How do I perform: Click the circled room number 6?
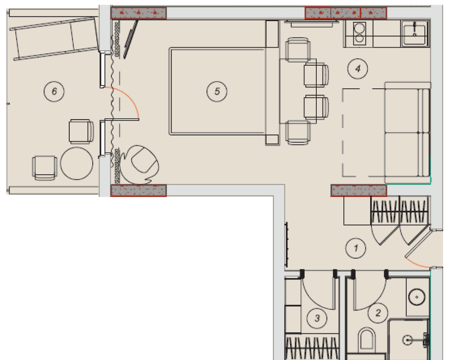coord(54,91)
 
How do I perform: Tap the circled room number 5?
coord(217,91)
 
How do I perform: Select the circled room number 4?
coord(358,69)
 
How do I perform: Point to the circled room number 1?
coord(356,248)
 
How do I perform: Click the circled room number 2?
coord(378,312)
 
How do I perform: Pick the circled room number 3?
coord(317,318)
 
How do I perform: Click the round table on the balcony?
coord(76,163)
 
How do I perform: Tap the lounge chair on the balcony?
coord(55,38)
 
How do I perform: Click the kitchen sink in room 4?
coord(414,34)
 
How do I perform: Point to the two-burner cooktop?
coord(359,34)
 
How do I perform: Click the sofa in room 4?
coord(407,133)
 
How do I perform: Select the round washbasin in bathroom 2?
coord(417,297)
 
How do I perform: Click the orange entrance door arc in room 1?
coord(417,264)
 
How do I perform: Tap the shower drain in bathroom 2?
coord(408,340)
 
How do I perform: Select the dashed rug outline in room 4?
coord(364,132)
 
